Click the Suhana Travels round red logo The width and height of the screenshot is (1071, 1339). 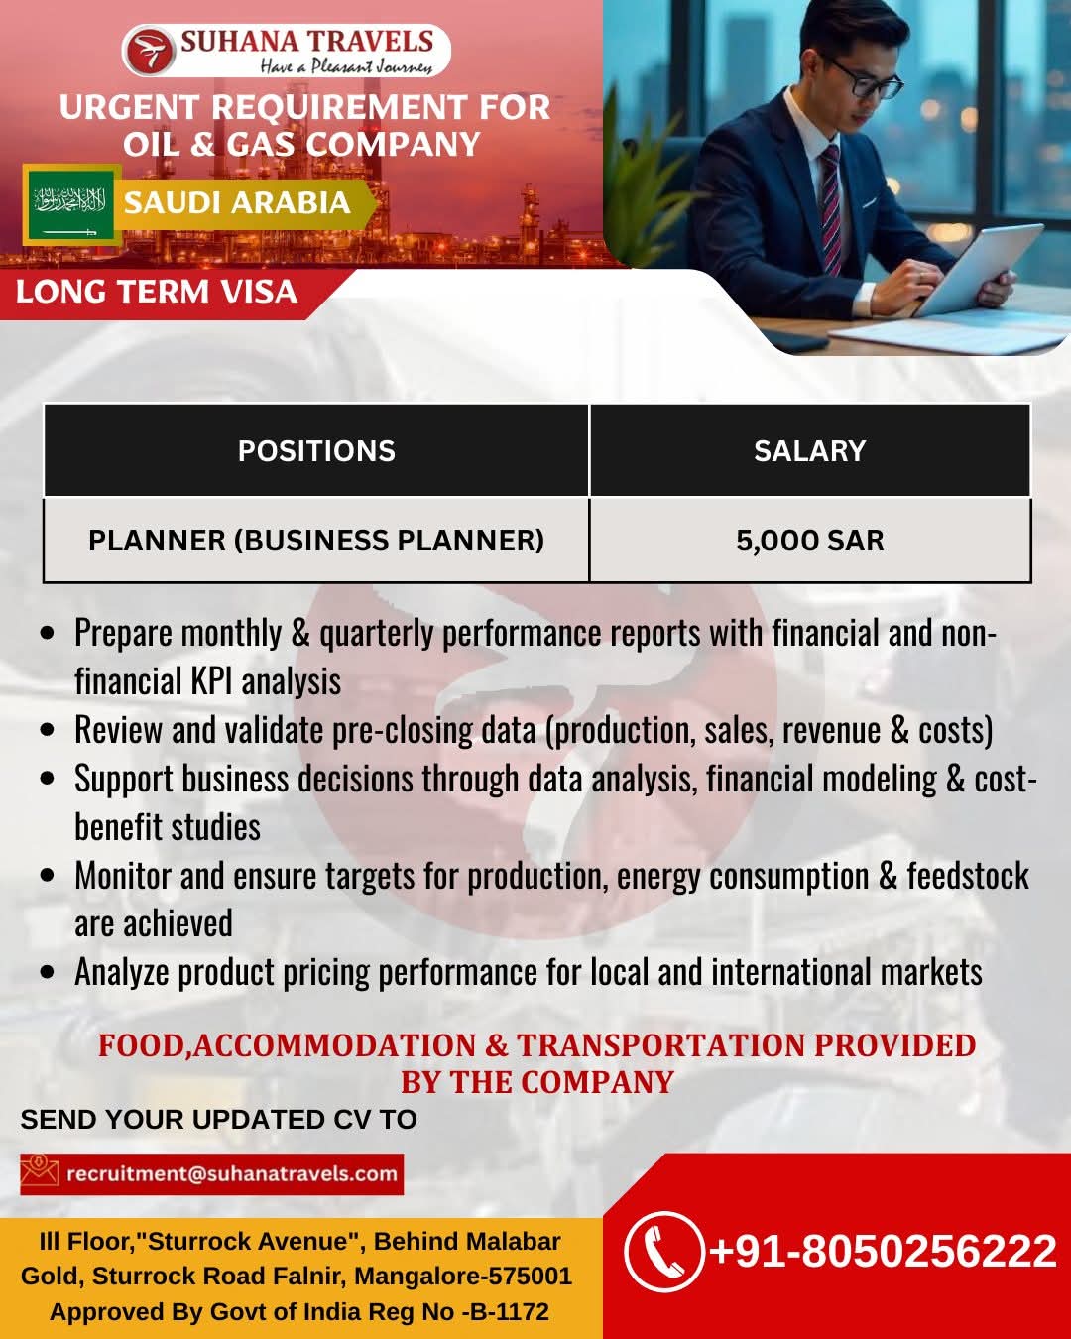[149, 51]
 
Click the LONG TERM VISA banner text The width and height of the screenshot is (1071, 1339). [157, 292]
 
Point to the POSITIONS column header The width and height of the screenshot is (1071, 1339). [316, 451]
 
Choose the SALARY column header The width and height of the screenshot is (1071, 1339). [809, 451]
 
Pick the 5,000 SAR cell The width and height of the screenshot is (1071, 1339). [809, 541]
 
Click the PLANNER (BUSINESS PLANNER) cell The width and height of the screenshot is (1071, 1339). [316, 541]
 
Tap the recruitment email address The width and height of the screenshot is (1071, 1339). [231, 1173]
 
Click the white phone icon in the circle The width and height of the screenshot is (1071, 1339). [663, 1252]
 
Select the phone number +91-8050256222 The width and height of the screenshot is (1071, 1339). [883, 1252]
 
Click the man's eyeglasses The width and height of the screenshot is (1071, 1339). [870, 79]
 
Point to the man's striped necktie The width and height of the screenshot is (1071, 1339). [831, 207]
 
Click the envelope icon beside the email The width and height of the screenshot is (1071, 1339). [40, 1173]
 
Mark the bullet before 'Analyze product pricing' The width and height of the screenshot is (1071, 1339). [48, 973]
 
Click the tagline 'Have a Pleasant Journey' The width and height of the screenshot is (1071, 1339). [347, 65]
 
